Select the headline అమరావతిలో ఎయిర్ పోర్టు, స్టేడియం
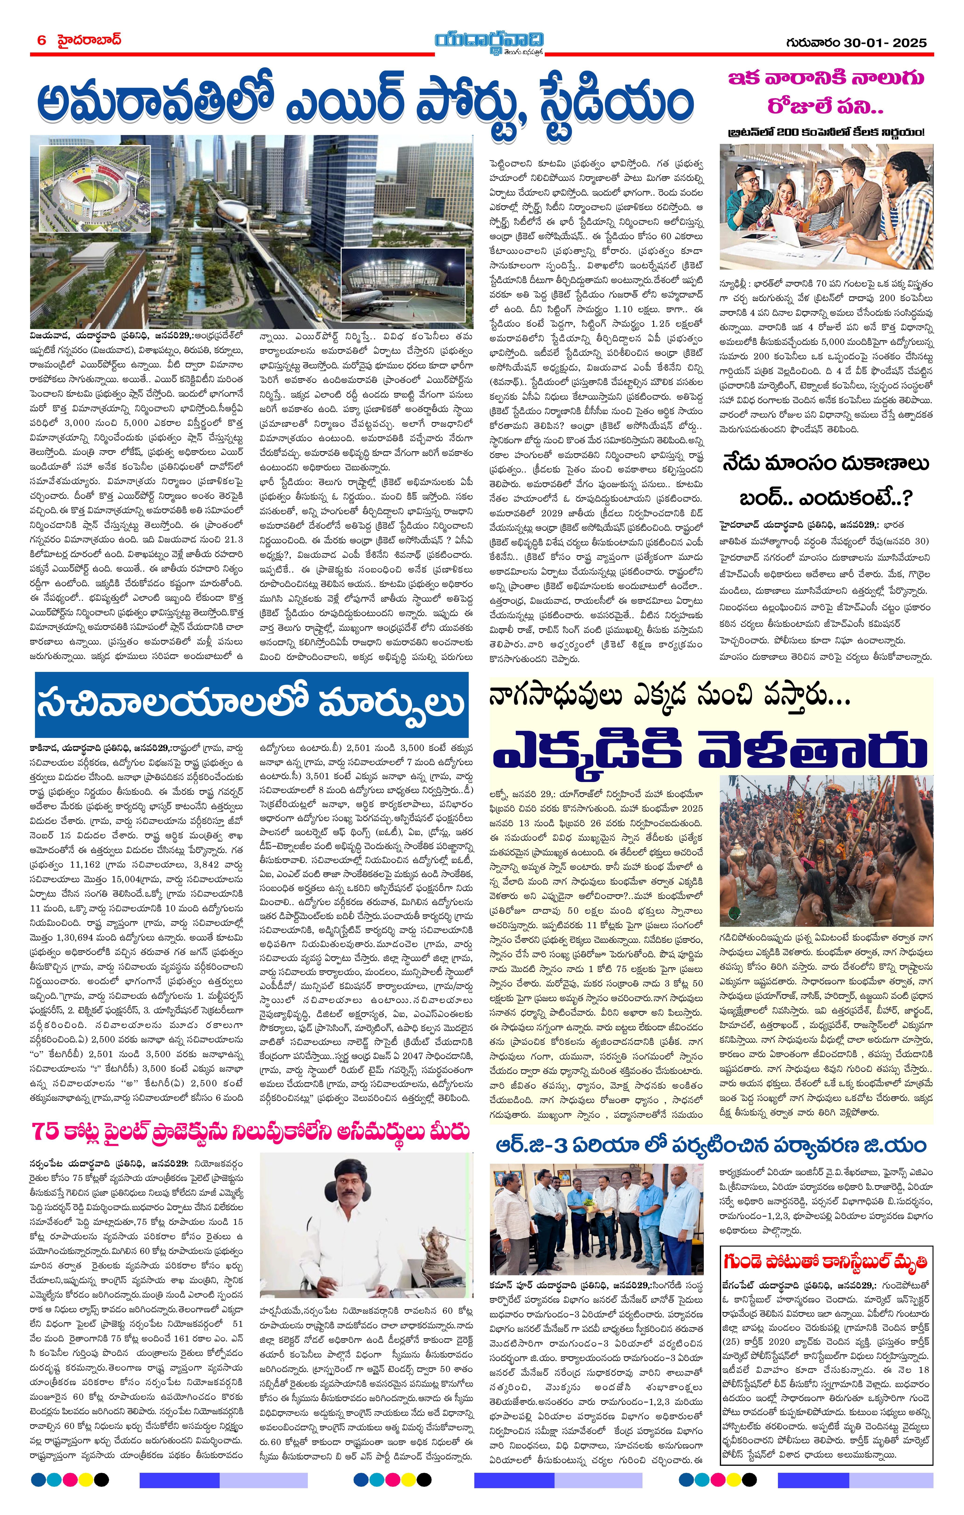point(365,104)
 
